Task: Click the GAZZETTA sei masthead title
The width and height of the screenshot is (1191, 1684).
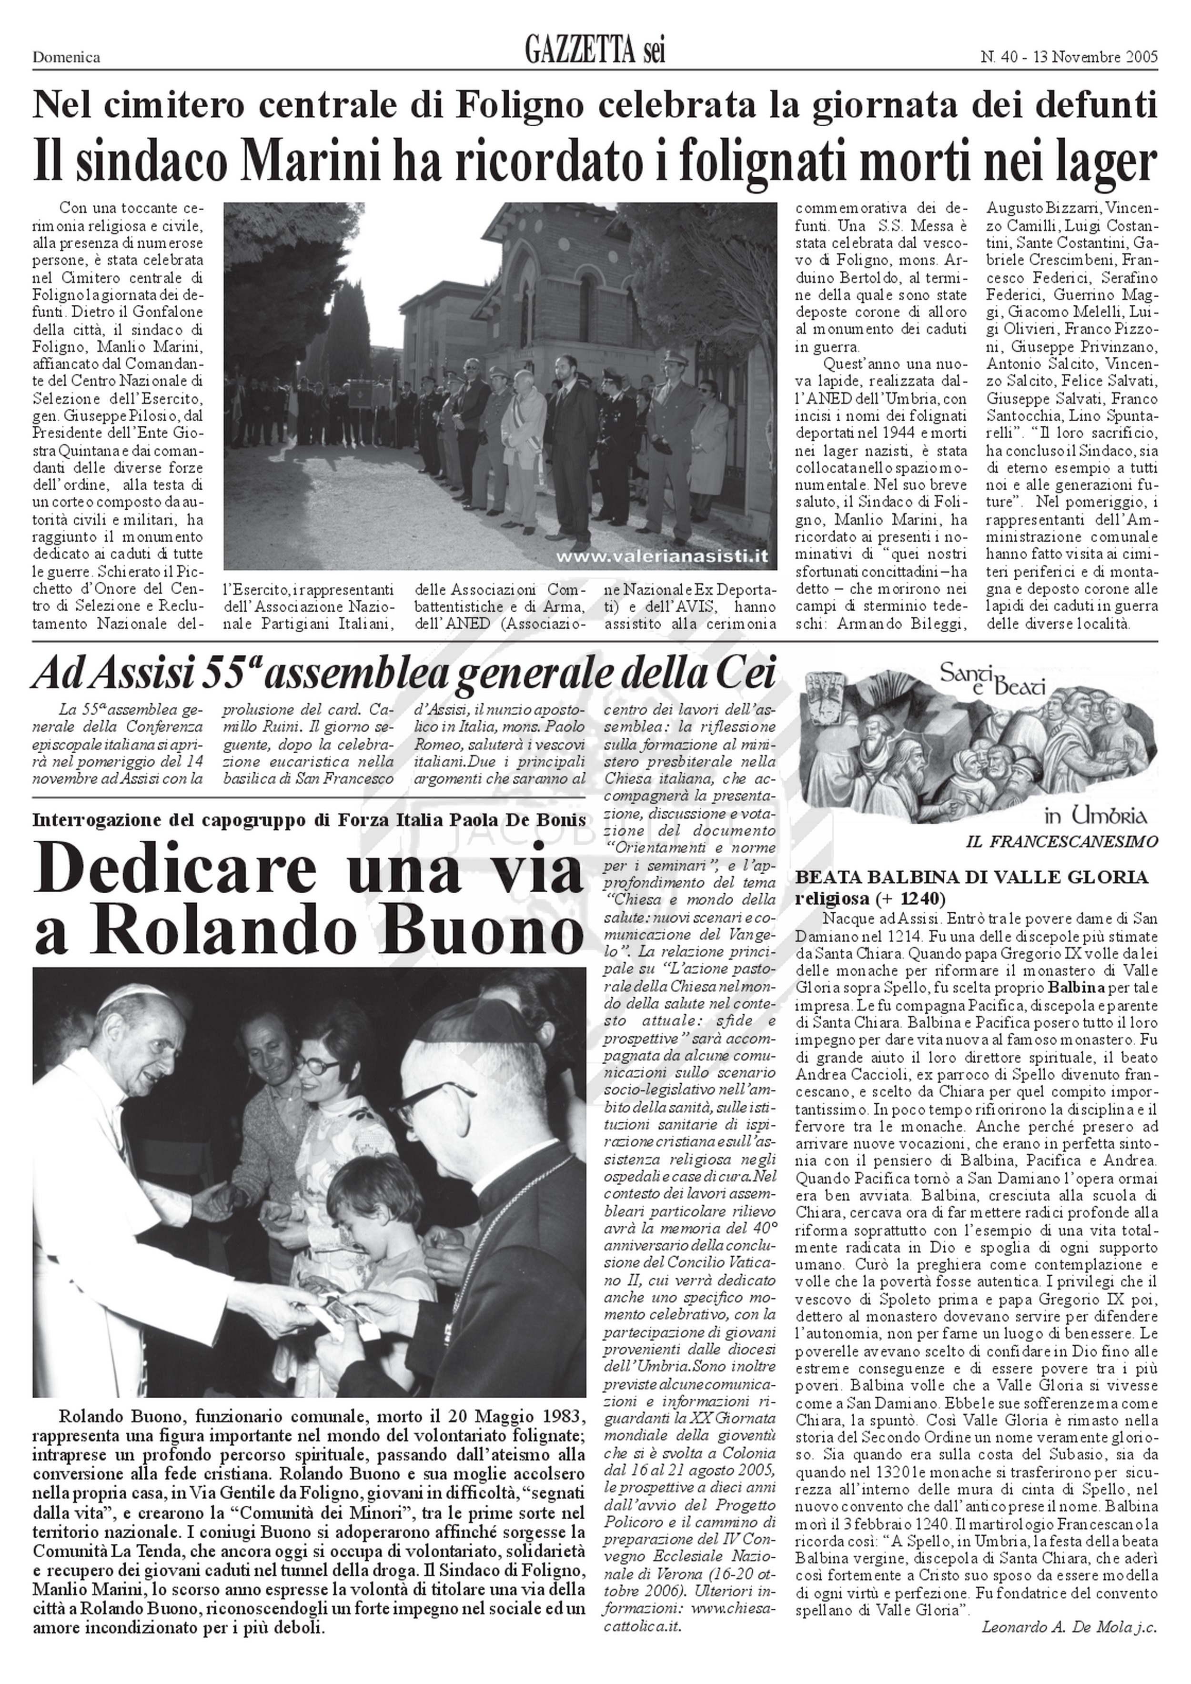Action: pos(595,51)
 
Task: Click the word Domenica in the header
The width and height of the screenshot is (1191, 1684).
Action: pos(66,58)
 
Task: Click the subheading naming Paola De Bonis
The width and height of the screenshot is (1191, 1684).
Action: pos(309,819)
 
